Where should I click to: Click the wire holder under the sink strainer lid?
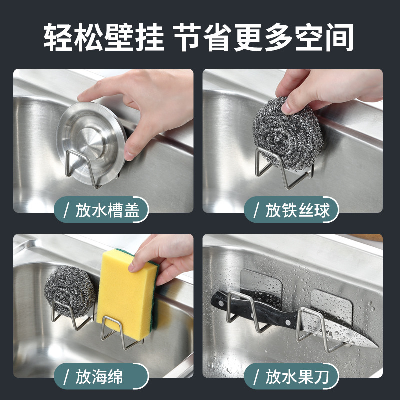[82, 170]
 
